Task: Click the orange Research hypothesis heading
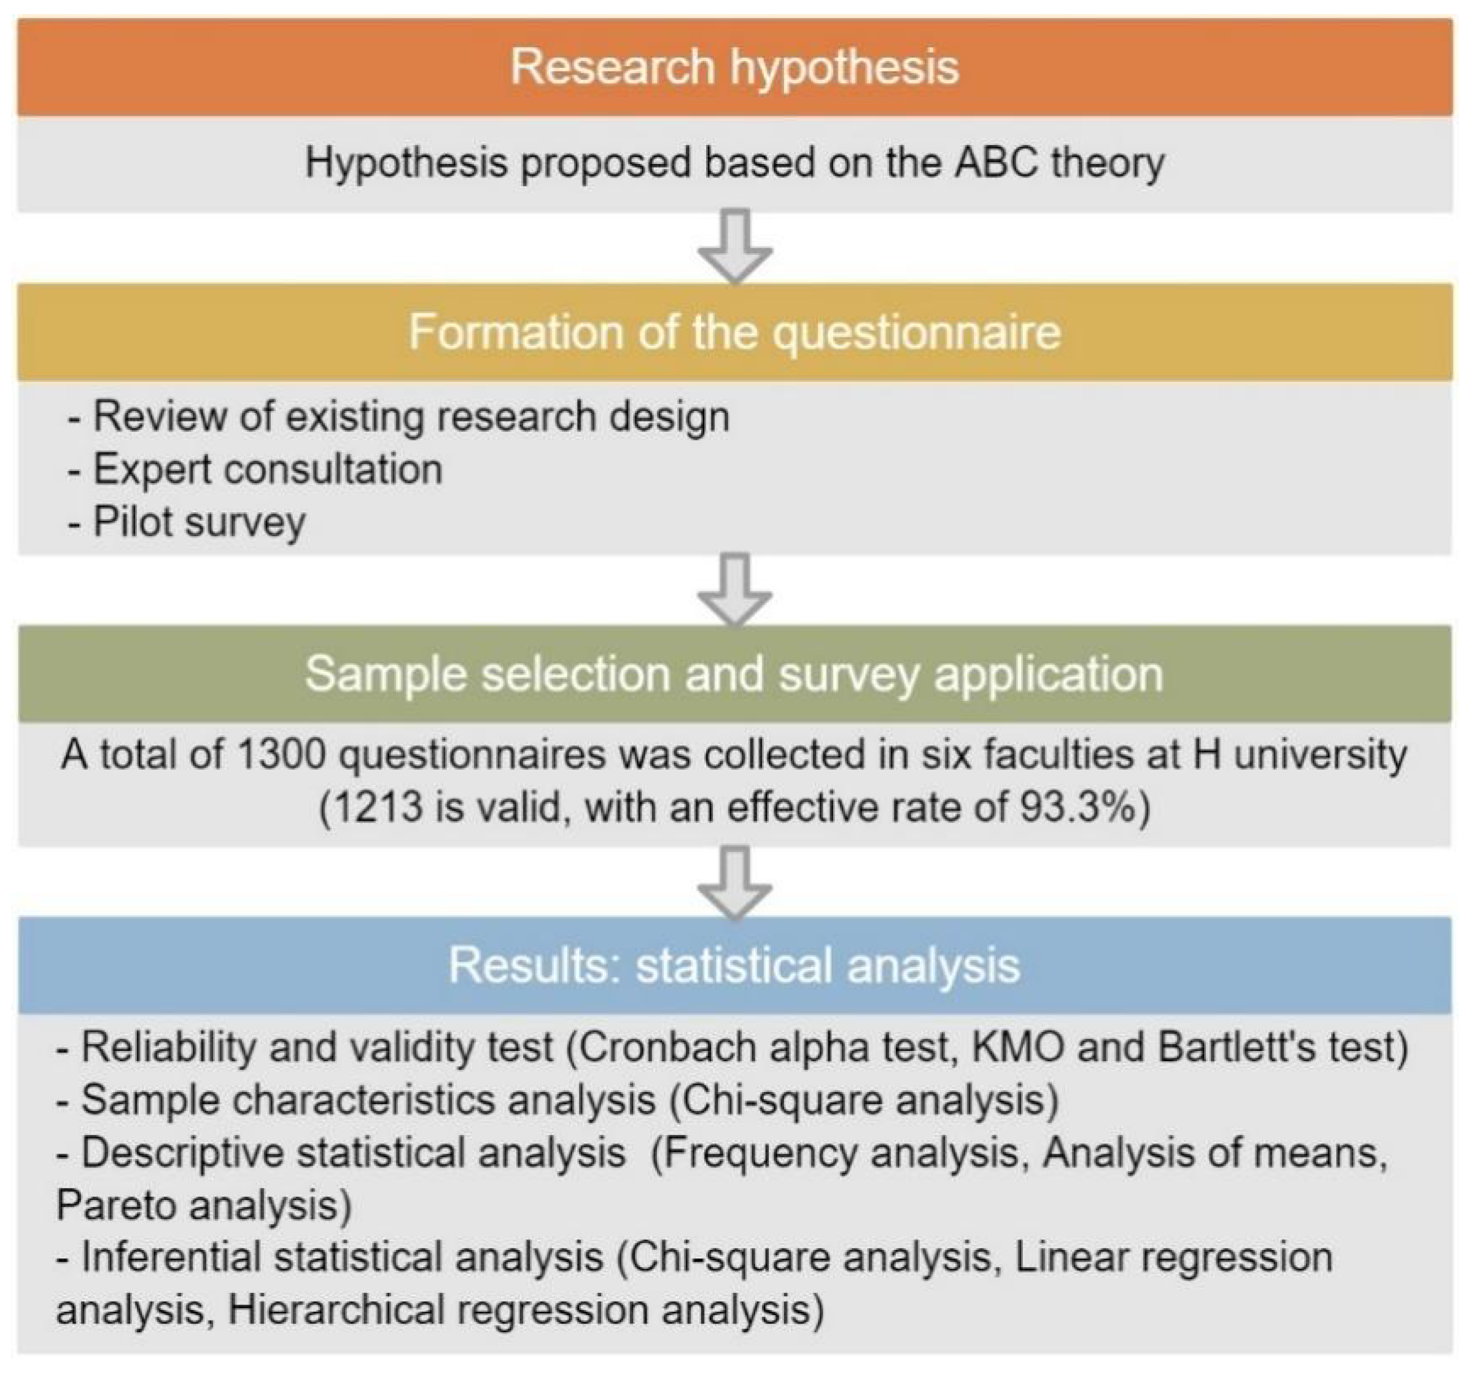click(734, 67)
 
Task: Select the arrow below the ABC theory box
click(735, 247)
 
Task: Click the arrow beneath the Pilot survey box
click(735, 589)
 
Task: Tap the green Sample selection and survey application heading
click(734, 674)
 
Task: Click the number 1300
click(282, 755)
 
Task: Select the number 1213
click(370, 807)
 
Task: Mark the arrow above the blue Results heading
click(735, 882)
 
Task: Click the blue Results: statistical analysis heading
click(734, 965)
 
